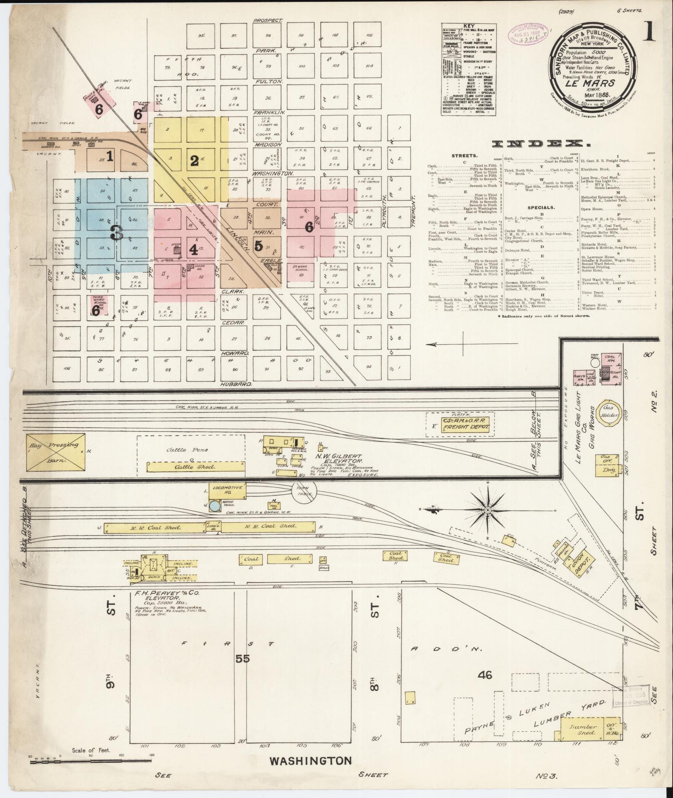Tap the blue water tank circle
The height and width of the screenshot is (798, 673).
pyautogui.click(x=214, y=506)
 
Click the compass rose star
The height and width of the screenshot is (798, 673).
pyautogui.click(x=487, y=510)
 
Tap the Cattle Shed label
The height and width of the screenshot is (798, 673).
pyautogui.click(x=195, y=467)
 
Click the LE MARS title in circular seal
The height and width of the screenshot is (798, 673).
pyautogui.click(x=592, y=83)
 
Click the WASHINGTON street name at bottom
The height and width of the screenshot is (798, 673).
pyautogui.click(x=310, y=760)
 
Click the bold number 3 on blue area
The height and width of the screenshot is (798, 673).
pyautogui.click(x=116, y=234)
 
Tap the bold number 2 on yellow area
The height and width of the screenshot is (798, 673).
pyautogui.click(x=194, y=161)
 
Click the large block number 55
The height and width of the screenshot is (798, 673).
pyautogui.click(x=242, y=659)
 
